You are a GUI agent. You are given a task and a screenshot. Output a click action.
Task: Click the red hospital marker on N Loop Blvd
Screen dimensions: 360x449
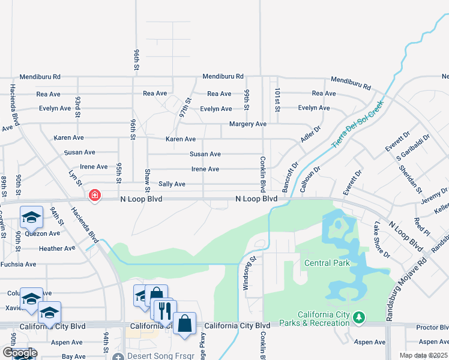tap(94, 196)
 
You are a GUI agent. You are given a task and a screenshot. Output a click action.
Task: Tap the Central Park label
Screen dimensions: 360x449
tap(327, 263)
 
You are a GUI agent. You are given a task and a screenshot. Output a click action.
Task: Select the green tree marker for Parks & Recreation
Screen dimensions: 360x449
tap(359, 316)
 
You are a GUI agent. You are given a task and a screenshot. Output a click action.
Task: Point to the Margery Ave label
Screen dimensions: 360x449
tap(248, 124)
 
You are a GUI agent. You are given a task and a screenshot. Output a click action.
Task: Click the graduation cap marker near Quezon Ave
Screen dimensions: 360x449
tap(31, 217)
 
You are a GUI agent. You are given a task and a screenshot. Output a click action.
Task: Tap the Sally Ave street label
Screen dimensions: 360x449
tap(172, 184)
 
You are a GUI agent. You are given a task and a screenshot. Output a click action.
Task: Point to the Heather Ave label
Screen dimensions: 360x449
tap(57, 248)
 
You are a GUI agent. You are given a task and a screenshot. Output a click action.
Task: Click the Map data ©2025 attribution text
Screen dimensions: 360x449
tap(423, 355)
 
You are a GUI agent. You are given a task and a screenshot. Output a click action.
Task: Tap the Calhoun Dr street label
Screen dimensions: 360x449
tap(310, 178)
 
